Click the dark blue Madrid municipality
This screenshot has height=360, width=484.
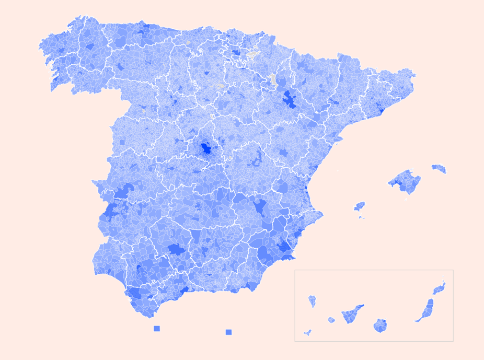[206, 148]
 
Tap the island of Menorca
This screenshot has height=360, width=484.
[439, 169]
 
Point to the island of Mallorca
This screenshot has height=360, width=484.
[406, 181]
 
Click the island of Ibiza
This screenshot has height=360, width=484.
[360, 206]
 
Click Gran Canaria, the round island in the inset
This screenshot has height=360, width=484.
[380, 326]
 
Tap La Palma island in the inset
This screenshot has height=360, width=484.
[312, 301]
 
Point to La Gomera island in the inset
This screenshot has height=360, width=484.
[331, 320]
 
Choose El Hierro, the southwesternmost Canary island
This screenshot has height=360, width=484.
[308, 332]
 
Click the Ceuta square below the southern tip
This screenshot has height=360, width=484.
[157, 329]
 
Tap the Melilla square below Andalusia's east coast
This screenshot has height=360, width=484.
[228, 332]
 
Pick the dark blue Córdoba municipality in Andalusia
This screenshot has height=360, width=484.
[176, 249]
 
